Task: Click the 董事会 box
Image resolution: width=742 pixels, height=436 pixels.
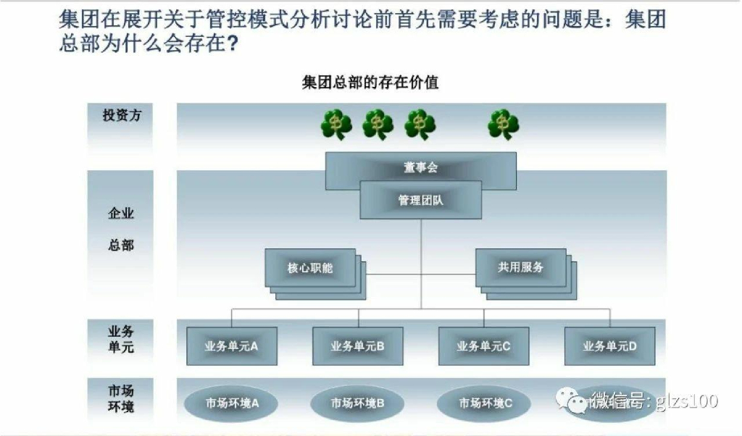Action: pos(421,168)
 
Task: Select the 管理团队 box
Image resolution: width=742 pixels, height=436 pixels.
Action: pos(421,200)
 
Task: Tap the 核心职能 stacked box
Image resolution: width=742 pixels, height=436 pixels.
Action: pos(310,268)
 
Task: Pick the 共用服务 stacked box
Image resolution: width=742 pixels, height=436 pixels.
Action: pos(520,267)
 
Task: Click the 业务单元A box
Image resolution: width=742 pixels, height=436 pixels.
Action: pos(231,346)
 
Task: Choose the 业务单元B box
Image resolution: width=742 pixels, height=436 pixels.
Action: pos(357,346)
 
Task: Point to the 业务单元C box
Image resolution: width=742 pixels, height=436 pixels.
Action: pos(483,346)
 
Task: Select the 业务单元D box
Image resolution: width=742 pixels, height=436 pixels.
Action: pos(609,346)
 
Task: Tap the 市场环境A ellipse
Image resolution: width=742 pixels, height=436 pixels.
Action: pos(232,403)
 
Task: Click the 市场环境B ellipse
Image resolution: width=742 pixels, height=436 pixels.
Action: pos(357,403)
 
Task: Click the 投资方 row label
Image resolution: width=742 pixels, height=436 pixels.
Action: pos(121,115)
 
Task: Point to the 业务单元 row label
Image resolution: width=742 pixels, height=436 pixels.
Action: pos(121,339)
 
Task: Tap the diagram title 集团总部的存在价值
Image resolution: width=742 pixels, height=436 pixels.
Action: pos(370,83)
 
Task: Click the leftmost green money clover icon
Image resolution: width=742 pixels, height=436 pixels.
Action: pos(336,124)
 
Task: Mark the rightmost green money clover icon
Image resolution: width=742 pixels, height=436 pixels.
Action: pos(503,124)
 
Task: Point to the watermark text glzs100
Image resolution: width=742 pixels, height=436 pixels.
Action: pos(688,400)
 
